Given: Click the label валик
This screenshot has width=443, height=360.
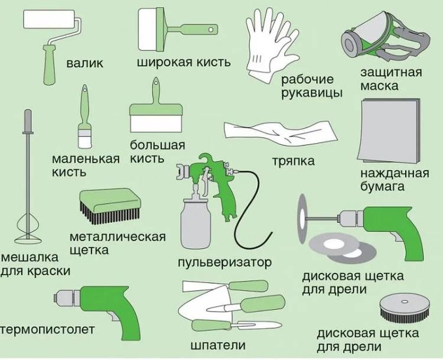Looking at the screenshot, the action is pos(84,63).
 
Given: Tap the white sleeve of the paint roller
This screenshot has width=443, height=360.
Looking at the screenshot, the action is pos(49,19).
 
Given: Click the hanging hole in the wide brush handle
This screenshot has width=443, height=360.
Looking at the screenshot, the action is pos(211,30).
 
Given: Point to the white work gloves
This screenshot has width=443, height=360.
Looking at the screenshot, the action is pos(270,46).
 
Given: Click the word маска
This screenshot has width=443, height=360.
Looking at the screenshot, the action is pos(379,86).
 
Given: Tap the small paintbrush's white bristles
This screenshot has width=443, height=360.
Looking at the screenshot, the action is pos(85,141).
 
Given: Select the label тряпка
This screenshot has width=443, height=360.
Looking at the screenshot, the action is pos(293,161).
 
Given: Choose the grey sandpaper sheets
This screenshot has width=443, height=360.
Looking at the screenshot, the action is pos(389,132).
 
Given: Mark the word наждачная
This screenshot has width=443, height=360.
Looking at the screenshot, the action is pos(395,173).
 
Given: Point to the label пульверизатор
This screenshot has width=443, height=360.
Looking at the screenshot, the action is pos(225,263).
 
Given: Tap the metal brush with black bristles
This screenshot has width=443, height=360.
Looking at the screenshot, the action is pos(110,206).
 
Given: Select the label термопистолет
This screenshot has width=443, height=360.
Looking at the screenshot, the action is pos(47,330).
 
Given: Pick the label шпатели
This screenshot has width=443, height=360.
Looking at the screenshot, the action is pos(218,345).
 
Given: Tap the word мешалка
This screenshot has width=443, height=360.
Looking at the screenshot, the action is pos(30,258).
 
